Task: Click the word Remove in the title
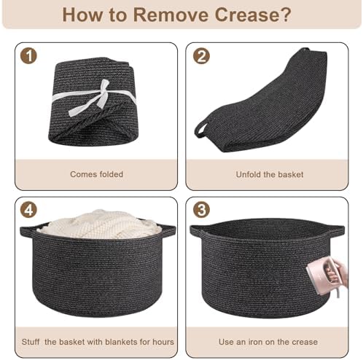click(171, 15)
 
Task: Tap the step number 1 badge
click(28, 56)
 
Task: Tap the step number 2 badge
click(201, 56)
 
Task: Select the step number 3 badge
click(201, 210)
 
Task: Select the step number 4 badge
click(28, 210)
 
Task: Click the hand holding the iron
click(340, 272)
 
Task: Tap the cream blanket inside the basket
click(99, 224)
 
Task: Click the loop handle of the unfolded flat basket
click(200, 130)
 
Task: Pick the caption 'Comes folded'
click(96, 174)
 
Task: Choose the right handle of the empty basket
click(337, 230)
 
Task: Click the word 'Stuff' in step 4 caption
click(31, 342)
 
